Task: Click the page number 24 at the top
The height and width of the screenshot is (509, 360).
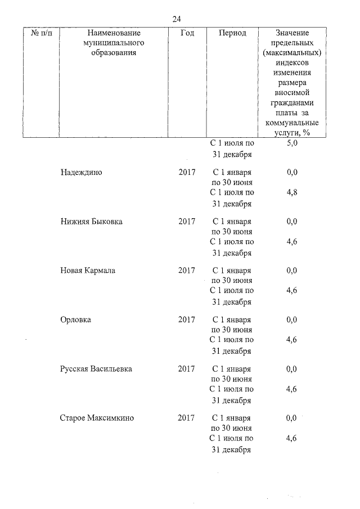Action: [x=177, y=19]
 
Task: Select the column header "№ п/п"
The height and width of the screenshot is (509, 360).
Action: [x=43, y=33]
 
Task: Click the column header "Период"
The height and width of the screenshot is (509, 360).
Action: [x=232, y=33]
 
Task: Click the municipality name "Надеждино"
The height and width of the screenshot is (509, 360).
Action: [x=81, y=172]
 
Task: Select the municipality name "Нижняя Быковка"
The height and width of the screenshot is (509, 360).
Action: [x=91, y=222]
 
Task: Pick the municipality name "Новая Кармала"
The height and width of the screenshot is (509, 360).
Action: [x=88, y=271]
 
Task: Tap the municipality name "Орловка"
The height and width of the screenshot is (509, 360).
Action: [x=76, y=320]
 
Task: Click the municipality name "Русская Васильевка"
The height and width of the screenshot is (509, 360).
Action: [x=97, y=369]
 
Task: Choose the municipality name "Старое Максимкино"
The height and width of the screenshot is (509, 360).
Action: [x=97, y=418]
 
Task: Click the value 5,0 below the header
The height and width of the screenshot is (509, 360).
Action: [x=291, y=144]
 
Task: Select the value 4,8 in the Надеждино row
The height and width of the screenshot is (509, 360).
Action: [x=291, y=193]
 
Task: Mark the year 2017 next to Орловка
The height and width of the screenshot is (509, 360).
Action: [x=187, y=320]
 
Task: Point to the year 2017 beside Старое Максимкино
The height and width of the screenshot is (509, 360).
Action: [x=186, y=418]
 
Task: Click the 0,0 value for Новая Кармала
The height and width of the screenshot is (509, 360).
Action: [x=291, y=271]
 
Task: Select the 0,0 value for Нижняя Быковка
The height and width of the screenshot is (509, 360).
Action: [x=291, y=222]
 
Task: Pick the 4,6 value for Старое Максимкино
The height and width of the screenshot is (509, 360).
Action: [x=291, y=438]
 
